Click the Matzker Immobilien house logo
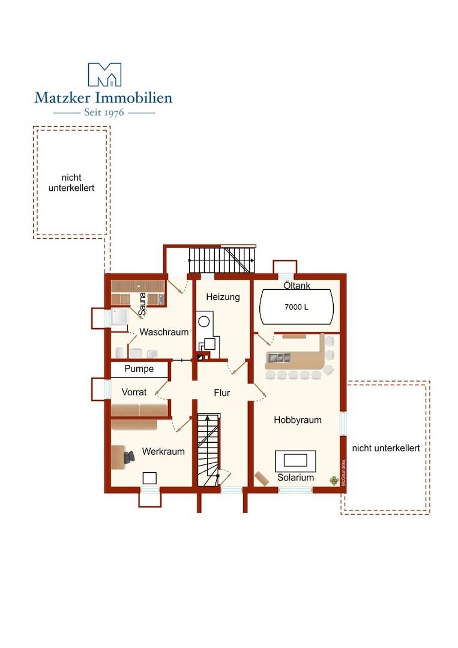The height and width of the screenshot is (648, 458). [x=104, y=74]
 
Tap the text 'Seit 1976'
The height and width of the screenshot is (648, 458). [x=104, y=112]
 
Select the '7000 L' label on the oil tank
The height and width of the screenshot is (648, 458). [x=297, y=307]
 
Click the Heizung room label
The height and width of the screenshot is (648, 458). [x=223, y=297]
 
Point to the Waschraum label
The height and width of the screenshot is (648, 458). [x=164, y=332]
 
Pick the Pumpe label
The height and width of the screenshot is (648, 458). [x=139, y=368]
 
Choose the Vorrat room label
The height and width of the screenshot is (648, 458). [x=134, y=392]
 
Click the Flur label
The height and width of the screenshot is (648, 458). [x=222, y=392]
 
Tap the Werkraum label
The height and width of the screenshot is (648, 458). [x=163, y=451]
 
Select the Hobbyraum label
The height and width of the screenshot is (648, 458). [x=298, y=420]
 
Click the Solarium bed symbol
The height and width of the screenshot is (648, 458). [x=295, y=461]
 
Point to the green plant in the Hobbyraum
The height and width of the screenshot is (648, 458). [x=334, y=480]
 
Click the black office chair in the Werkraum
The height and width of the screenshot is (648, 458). [x=129, y=457]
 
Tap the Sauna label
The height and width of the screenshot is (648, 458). [x=143, y=304]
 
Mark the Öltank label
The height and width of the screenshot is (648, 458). [x=297, y=285]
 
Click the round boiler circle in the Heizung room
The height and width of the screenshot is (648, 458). [x=203, y=322]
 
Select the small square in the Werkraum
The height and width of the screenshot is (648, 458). [x=149, y=478]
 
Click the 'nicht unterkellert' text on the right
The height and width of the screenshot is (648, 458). [x=386, y=448]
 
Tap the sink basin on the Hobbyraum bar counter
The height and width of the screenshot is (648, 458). [x=278, y=356]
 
